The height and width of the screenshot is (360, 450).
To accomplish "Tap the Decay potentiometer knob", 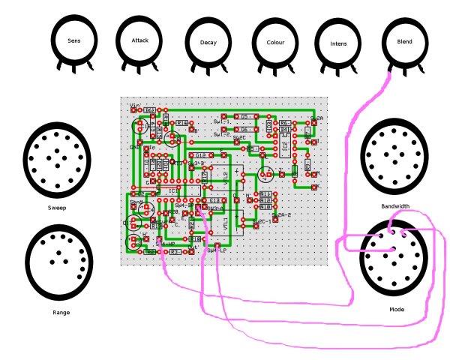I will pos(208,43).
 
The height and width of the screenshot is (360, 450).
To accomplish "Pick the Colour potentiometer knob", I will pos(275,43).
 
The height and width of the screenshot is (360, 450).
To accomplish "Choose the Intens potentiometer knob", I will pos(338,43).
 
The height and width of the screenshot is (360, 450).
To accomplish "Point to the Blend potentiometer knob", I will pos(404,42).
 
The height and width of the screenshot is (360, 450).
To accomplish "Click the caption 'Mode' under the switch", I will pos(397,309).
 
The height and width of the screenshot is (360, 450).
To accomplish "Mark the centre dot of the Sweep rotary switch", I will pos(57,160).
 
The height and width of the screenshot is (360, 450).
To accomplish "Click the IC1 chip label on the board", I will pos(173,190).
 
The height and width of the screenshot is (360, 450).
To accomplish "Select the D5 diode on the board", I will pos(244,117).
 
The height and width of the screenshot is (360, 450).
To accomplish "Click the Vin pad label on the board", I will pos(136,106).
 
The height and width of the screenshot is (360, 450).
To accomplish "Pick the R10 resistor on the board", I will pos(265,205).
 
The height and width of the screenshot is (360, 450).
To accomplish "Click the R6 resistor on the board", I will pos(285,123).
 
